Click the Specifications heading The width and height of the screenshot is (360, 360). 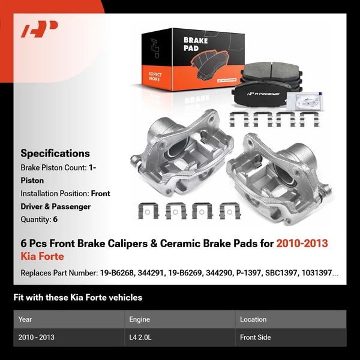tap(55, 153)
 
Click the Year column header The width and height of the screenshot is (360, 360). tap(25, 319)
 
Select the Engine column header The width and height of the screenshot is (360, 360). tap(139, 319)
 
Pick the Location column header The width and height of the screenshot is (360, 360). tap(253, 319)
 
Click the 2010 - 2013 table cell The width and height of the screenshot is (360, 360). tap(37, 337)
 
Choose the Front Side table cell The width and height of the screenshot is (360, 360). tap(256, 337)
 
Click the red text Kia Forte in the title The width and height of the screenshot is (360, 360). tap(42, 256)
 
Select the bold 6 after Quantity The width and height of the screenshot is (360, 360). tap(55, 220)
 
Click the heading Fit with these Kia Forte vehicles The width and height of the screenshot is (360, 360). tap(78, 297)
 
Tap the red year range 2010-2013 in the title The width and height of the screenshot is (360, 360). tap(302, 244)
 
